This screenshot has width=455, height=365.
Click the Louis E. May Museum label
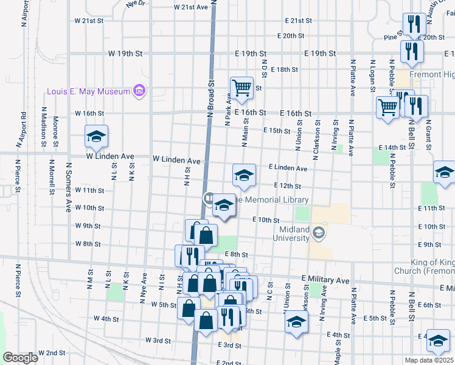click(x=89, y=92)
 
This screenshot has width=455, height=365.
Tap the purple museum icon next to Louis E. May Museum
click(x=140, y=91)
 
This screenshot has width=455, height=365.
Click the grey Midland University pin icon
click(x=318, y=233)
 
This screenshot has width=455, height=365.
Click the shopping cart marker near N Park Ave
click(x=241, y=88)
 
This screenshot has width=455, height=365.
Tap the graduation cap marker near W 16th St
click(x=96, y=137)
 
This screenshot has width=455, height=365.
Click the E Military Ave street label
click(x=325, y=280)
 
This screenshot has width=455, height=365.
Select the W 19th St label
click(x=125, y=54)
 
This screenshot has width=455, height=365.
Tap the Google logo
click(x=20, y=358)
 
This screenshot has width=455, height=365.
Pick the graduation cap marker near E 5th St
click(x=296, y=321)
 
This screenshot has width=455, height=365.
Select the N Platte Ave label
click(x=352, y=77)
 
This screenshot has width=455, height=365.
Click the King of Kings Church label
click(x=432, y=266)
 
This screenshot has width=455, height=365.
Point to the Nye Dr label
click(x=136, y=4)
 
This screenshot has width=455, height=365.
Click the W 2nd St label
click(x=52, y=353)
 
